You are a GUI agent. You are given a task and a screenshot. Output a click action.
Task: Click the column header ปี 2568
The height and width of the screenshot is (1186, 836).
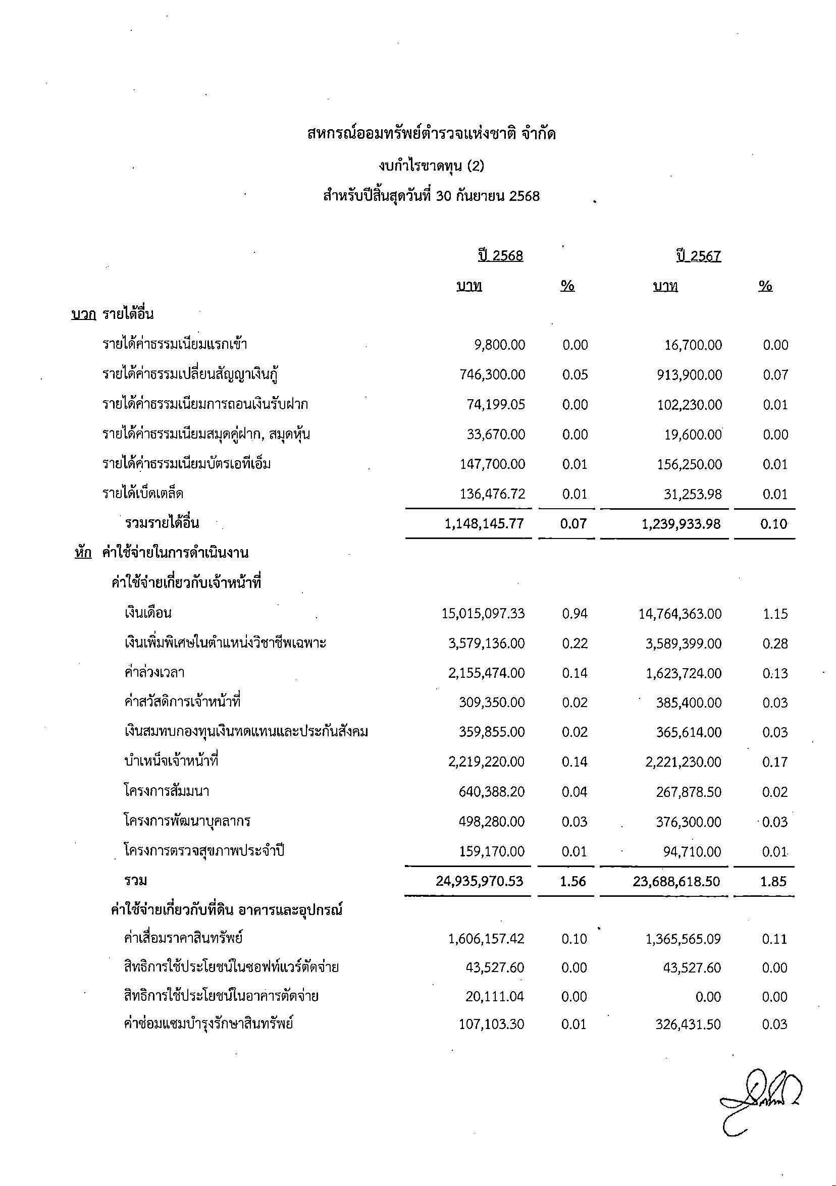[500, 256]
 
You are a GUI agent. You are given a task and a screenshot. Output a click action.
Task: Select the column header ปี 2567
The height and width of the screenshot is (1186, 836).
[699, 256]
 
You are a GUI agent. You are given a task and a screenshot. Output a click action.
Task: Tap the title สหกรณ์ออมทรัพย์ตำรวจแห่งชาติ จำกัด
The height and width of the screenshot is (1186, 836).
[431, 135]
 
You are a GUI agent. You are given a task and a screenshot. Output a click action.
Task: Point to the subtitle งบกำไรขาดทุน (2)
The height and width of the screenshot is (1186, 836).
[431, 166]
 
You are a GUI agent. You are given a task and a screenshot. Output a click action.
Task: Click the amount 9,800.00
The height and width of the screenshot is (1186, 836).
[500, 345]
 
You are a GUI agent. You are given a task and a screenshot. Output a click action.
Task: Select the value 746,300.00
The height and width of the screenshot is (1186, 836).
[492, 375]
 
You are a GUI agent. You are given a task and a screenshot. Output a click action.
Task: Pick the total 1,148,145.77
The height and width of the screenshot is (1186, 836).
[484, 524]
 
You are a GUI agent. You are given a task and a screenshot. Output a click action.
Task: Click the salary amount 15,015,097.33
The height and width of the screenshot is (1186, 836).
[483, 614]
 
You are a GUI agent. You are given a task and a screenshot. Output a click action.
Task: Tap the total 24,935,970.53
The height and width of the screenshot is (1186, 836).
[480, 881]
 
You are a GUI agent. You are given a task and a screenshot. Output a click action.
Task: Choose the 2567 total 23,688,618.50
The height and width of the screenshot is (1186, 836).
[676, 881]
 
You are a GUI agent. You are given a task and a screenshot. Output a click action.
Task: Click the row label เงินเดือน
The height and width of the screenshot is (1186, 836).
[148, 614]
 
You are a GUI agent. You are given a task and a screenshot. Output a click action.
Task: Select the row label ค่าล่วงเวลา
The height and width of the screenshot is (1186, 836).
[154, 673]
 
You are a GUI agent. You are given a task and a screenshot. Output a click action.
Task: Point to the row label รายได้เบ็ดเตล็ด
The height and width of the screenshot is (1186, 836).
[142, 494]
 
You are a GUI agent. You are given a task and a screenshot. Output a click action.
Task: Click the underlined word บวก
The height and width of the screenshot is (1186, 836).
[84, 314]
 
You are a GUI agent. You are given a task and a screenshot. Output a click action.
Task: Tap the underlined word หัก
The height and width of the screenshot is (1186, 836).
[83, 553]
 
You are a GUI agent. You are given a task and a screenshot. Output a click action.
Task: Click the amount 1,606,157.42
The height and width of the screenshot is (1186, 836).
[486, 939]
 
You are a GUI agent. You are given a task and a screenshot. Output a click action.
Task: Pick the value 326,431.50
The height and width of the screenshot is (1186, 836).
[688, 1025]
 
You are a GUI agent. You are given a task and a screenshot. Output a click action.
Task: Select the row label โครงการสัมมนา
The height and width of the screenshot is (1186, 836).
[167, 792]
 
